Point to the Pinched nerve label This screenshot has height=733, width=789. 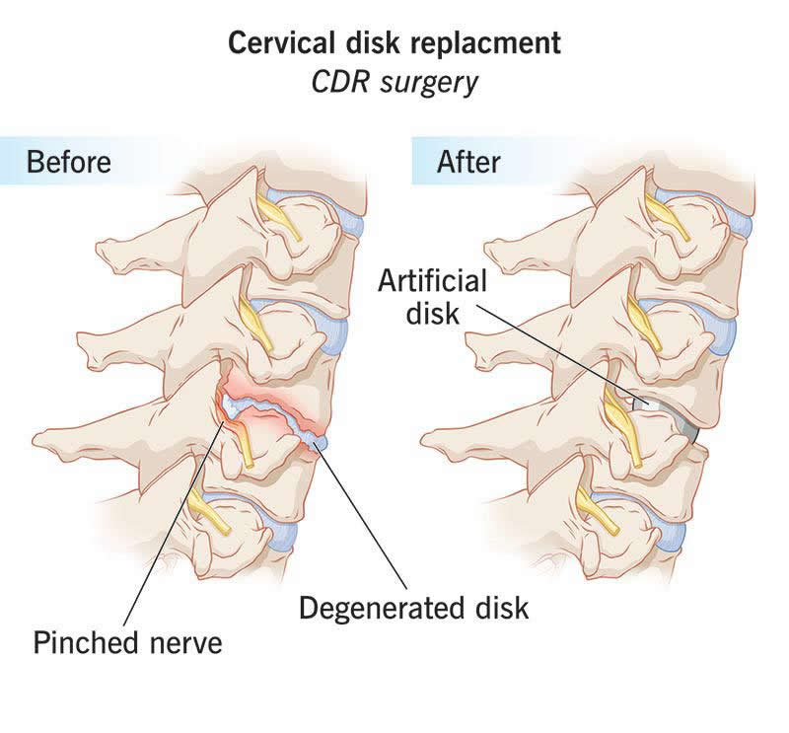tap(127, 643)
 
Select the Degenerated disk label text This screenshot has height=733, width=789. tap(413, 607)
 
